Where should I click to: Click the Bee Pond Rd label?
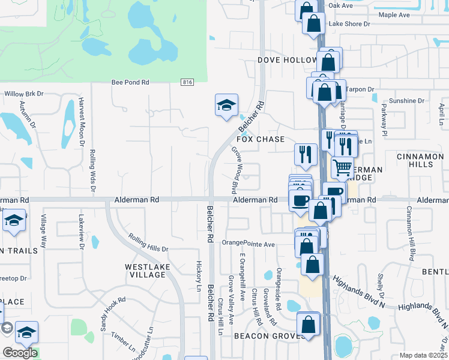tap(130, 83)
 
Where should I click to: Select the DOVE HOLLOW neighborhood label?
tap(287, 60)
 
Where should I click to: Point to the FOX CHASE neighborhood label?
tap(261, 139)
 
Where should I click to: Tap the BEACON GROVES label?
tap(266, 336)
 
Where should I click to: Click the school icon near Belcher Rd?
tap(226, 106)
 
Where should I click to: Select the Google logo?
tap(20, 353)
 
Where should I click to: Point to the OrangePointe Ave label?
tap(248, 244)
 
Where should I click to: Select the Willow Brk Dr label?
tap(25, 94)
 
